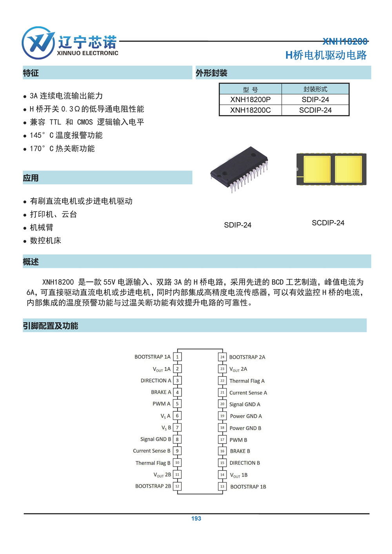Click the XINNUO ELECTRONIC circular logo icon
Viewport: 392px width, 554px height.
(x=38, y=43)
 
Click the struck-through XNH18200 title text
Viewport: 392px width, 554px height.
(x=345, y=41)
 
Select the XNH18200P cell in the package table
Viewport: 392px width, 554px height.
(x=250, y=100)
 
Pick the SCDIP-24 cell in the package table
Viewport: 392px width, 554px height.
(x=315, y=110)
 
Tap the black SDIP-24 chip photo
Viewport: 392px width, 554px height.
(x=240, y=168)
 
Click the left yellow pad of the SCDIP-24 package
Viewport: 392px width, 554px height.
(x=317, y=169)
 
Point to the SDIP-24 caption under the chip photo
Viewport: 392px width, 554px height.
(x=238, y=225)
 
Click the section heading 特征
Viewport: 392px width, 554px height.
(x=31, y=73)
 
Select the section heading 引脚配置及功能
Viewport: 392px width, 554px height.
(x=51, y=326)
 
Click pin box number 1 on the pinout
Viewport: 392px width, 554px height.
(x=177, y=357)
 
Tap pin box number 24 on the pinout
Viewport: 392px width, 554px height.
(x=222, y=357)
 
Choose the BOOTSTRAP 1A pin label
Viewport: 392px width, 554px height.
(x=152, y=357)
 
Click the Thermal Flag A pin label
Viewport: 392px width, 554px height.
(x=247, y=381)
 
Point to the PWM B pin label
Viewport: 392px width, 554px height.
(x=238, y=440)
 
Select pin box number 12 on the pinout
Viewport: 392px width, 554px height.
(x=177, y=486)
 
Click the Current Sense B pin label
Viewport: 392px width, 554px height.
(x=152, y=451)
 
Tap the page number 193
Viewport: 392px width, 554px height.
(x=196, y=518)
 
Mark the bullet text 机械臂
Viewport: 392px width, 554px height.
(x=42, y=227)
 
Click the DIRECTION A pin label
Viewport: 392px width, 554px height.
(x=156, y=380)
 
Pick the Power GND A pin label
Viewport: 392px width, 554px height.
(x=246, y=416)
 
